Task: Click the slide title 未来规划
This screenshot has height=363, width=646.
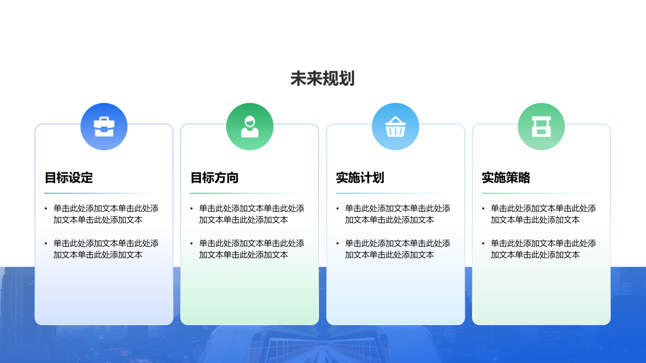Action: [322, 79]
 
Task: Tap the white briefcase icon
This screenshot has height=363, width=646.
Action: [104, 127]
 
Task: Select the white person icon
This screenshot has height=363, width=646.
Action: [250, 127]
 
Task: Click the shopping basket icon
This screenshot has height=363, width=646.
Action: [395, 127]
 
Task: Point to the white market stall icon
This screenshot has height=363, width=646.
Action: [542, 127]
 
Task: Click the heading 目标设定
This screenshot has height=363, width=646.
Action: [69, 177]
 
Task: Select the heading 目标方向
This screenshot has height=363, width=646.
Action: [214, 177]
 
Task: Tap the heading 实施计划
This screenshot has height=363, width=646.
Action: [360, 177]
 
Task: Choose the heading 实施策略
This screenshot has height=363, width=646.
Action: [506, 177]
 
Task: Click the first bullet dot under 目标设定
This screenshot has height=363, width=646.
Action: [46, 209]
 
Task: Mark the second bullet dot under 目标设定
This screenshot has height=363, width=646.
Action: [46, 244]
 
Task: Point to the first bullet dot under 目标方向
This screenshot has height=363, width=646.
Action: [191, 209]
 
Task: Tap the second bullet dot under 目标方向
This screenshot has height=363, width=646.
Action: [191, 244]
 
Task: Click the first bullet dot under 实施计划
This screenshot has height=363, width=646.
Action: [338, 209]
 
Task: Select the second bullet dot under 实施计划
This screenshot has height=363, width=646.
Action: [338, 244]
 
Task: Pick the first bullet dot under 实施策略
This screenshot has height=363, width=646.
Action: [483, 209]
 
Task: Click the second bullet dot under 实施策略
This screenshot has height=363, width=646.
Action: [483, 244]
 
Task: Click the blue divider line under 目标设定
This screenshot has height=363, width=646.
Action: [100, 193]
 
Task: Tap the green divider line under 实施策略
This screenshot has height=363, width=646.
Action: [537, 193]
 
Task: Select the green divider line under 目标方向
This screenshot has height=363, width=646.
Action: [245, 193]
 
